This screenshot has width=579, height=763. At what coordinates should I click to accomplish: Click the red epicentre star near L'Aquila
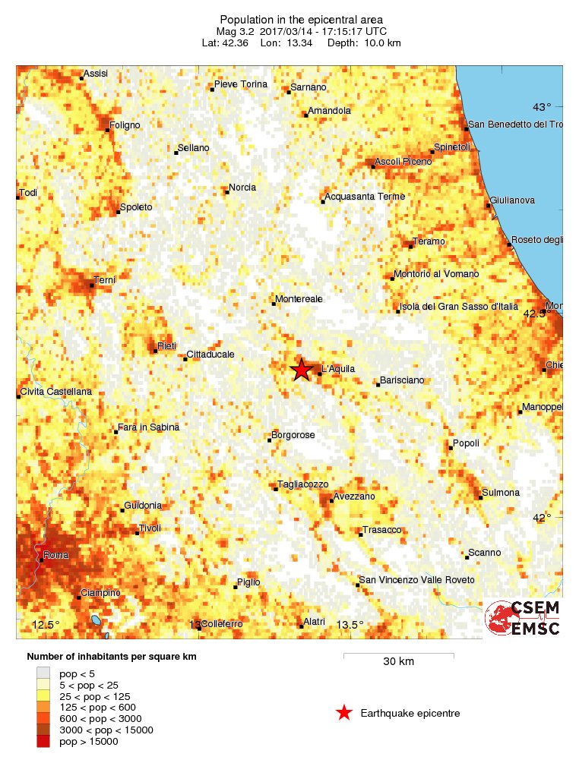tap(302, 370)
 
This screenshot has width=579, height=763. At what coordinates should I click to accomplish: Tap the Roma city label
tap(56, 555)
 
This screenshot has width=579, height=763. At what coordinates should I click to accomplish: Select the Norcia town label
tap(242, 188)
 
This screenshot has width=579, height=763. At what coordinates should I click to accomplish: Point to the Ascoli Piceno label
tap(403, 162)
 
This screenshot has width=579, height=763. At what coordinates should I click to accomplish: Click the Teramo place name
tap(429, 241)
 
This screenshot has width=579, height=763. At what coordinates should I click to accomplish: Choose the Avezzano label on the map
tap(355, 497)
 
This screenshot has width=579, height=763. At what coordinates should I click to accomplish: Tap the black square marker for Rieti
tap(155, 351)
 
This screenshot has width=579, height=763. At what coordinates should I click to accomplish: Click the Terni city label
tap(104, 280)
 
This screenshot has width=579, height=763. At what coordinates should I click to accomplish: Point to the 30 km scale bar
tap(398, 654)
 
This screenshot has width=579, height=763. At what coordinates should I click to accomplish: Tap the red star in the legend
tap(344, 713)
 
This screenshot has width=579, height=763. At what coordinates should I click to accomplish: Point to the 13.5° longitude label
tap(350, 625)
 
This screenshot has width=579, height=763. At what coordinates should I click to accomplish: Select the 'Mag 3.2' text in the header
tap(236, 31)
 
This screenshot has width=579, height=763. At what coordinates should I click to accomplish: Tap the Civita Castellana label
tap(56, 391)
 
